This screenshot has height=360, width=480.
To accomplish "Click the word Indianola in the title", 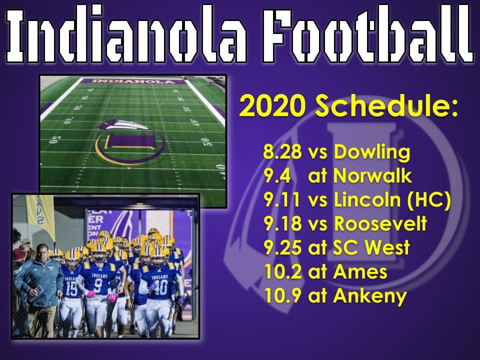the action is (126, 35).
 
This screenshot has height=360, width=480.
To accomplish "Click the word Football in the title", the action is (368, 34).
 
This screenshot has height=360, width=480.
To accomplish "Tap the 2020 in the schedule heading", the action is (272, 106).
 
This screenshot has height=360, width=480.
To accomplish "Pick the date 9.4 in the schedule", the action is (277, 175).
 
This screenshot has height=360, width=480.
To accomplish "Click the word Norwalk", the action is (372, 175).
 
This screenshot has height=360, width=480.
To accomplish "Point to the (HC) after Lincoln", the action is (429, 200).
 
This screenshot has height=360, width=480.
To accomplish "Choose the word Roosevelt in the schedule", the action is (380, 223).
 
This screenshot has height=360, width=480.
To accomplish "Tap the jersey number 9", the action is (98, 286).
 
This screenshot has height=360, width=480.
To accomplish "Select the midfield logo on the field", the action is (130, 141).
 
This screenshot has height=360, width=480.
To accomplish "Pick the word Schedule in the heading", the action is (386, 106).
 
